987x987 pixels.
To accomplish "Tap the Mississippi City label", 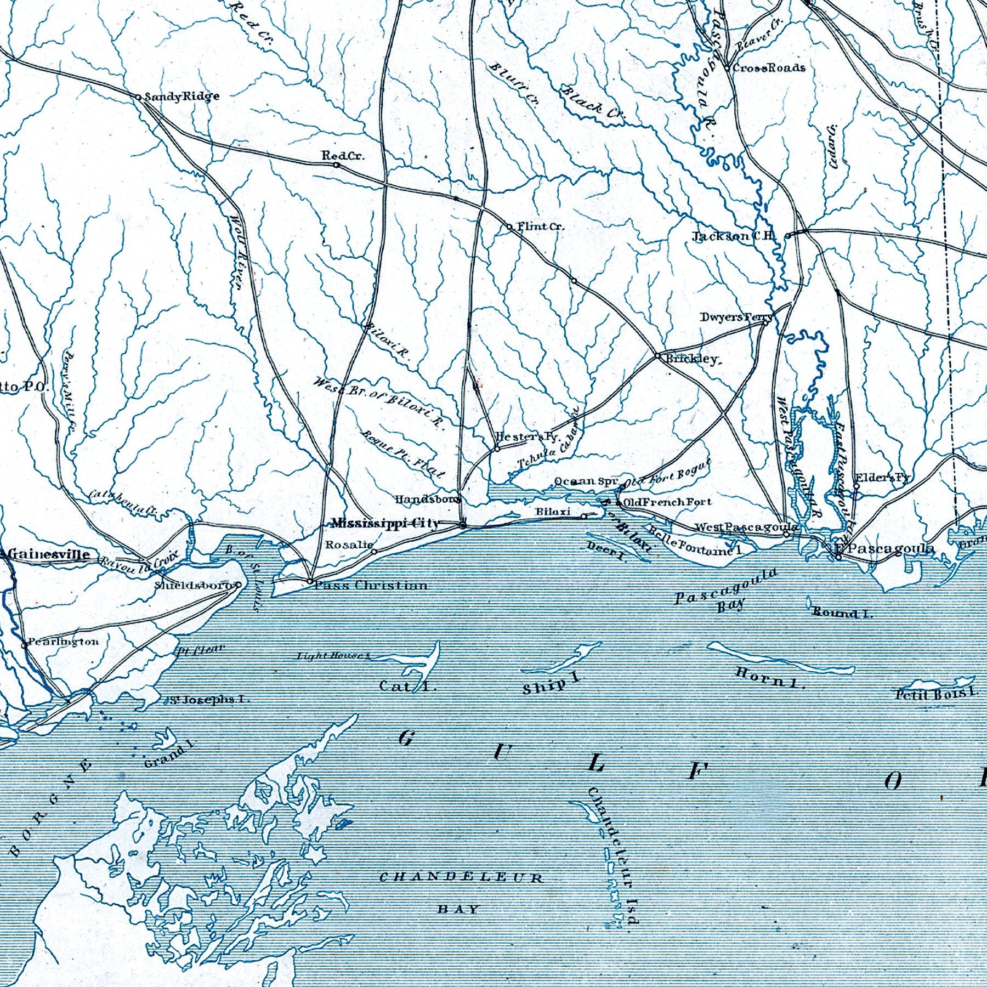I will (385, 524).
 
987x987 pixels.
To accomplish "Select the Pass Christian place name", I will (371, 585).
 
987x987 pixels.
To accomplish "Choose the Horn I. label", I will (770, 678).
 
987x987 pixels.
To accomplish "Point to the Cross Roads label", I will (769, 68).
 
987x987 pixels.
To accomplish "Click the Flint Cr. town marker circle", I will (509, 226).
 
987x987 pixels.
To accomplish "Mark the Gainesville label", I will (48, 554).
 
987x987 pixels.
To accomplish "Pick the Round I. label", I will (842, 612).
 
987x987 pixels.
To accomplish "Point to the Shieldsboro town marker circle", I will (238, 585).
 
